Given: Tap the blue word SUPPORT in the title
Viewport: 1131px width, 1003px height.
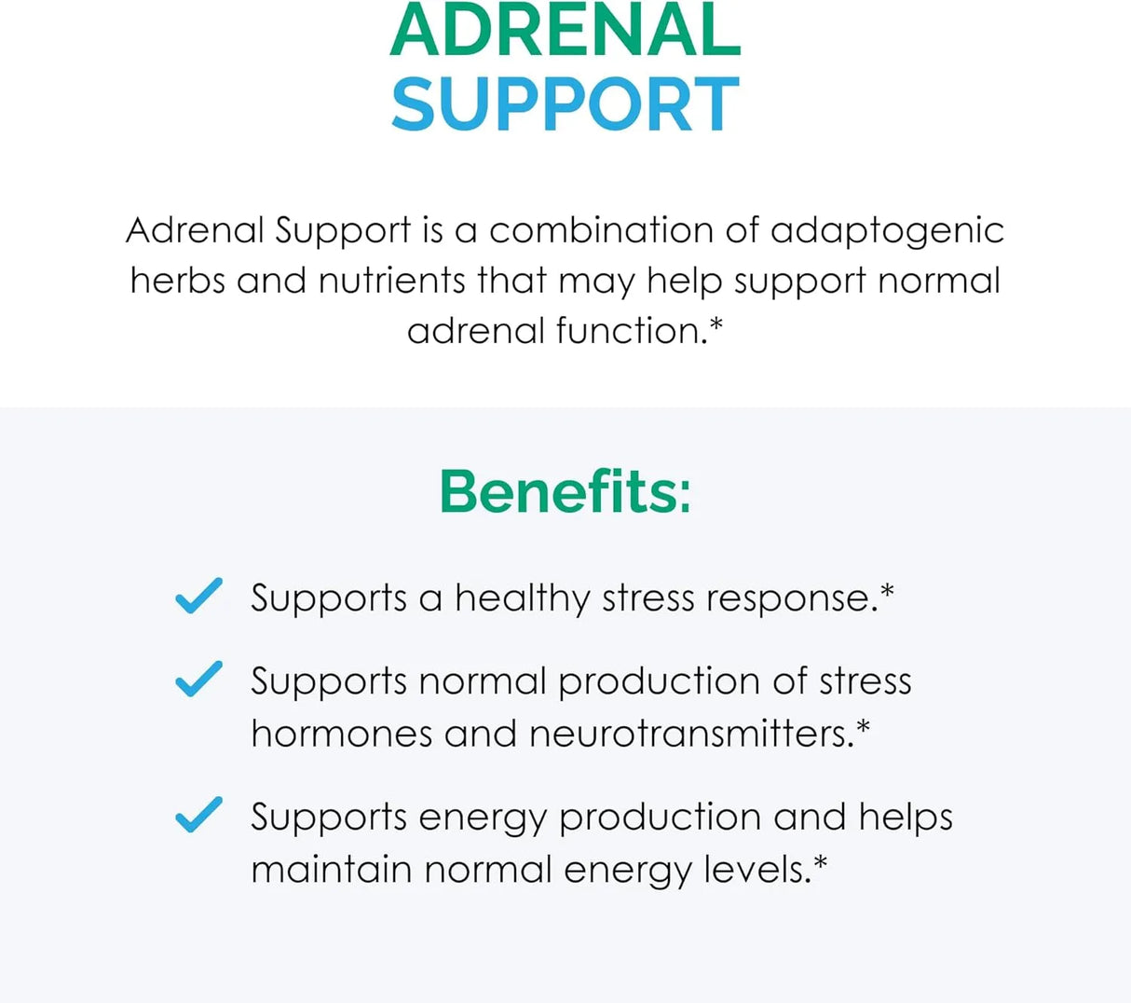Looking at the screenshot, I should [565, 104].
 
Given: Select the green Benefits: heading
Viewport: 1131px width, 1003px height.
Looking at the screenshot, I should [565, 491].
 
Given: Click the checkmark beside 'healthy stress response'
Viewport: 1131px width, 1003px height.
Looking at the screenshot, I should [198, 596].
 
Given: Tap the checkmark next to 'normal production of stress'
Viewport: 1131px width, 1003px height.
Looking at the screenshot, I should [198, 679].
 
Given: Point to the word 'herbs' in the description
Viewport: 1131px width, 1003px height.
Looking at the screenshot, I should [177, 281].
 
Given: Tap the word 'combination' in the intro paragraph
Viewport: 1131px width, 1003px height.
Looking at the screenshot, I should [605, 230].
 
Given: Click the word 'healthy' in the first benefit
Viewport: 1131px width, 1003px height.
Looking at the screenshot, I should [522, 598].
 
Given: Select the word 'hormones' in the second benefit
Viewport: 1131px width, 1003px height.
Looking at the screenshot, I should [341, 734].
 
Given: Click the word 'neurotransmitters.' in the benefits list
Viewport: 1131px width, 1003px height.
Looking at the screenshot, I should [690, 734].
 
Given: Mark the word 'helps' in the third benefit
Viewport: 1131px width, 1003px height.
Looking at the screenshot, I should [906, 818].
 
